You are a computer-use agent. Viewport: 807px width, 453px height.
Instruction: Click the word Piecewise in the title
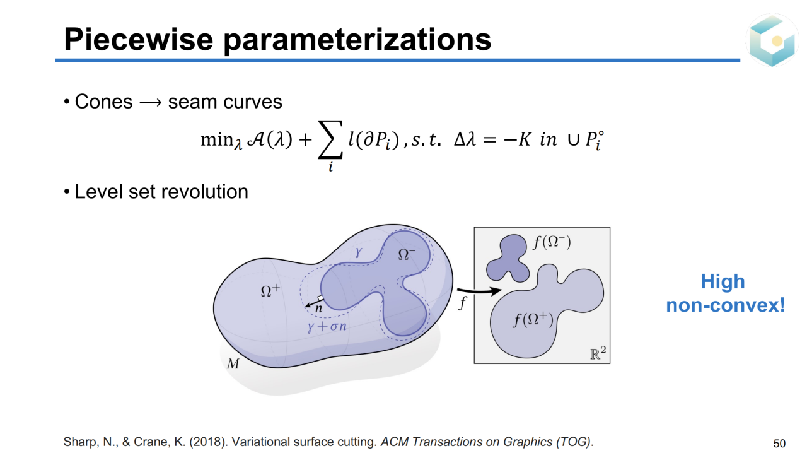click(x=138, y=39)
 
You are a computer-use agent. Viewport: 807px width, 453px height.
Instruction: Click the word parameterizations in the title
click(x=357, y=40)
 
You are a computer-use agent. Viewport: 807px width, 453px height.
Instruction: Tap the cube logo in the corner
click(x=772, y=40)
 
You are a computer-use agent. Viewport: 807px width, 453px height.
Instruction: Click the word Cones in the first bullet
click(x=103, y=102)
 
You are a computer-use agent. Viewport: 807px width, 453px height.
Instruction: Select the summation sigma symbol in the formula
click(x=330, y=139)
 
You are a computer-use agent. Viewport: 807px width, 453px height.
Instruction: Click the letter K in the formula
click(x=524, y=139)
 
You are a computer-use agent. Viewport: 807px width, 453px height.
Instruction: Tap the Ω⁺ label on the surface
click(x=270, y=291)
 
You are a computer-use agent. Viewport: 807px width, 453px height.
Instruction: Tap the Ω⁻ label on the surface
click(x=407, y=254)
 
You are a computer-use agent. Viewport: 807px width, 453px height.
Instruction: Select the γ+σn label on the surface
click(x=327, y=326)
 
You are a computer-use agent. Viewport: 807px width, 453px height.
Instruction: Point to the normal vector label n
click(x=318, y=309)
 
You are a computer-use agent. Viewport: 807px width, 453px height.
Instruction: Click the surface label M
click(x=233, y=363)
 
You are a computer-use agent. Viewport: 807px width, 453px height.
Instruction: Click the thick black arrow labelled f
click(x=479, y=291)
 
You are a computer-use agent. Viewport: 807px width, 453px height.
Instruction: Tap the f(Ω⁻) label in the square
click(x=552, y=242)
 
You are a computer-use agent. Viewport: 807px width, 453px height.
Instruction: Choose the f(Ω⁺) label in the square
click(x=533, y=319)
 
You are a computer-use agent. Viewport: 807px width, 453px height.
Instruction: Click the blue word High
click(x=723, y=281)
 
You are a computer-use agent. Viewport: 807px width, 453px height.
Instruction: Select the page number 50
click(x=779, y=444)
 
